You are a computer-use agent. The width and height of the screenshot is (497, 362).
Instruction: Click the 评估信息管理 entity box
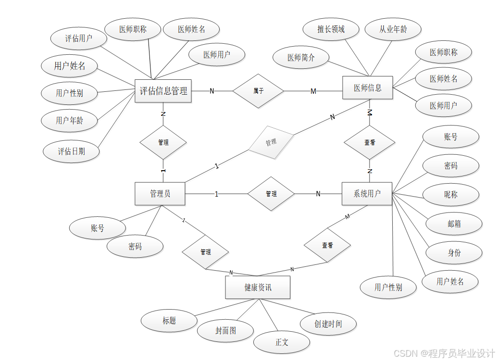click(x=163, y=91)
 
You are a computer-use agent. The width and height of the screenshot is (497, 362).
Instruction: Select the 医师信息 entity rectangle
click(x=368, y=87)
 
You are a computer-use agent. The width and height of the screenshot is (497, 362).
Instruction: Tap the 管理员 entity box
click(x=160, y=194)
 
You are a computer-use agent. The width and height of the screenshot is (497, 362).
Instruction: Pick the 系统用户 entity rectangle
click(x=367, y=194)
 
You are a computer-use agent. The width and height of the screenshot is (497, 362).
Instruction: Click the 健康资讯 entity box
click(x=258, y=287)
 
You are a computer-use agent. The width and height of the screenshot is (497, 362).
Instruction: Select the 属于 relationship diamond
click(x=259, y=90)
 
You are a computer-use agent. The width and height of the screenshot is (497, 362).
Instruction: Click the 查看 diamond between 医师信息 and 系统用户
click(x=370, y=142)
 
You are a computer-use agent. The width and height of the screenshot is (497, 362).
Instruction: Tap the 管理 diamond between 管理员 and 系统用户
click(x=271, y=194)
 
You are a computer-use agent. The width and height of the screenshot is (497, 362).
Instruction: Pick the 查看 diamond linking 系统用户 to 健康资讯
click(x=327, y=245)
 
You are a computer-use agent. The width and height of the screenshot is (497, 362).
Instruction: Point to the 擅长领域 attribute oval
click(x=331, y=29)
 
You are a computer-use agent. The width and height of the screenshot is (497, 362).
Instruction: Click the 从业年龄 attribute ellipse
click(x=393, y=29)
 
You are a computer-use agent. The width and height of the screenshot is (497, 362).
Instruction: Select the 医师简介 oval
click(x=301, y=58)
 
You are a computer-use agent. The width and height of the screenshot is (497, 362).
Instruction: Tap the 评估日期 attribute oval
click(x=72, y=151)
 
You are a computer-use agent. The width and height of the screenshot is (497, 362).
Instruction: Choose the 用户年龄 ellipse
click(x=70, y=120)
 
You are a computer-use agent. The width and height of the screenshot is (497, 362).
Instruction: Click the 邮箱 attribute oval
click(x=454, y=223)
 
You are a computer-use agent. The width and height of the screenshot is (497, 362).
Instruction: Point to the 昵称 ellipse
click(x=451, y=195)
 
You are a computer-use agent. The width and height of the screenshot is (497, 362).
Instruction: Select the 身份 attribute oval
click(x=454, y=252)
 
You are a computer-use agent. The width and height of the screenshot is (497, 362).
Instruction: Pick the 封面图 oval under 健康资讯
click(x=225, y=331)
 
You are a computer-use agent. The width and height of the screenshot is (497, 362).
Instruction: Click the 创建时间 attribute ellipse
click(x=328, y=324)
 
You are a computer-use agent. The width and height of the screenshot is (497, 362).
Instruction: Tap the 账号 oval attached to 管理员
click(x=98, y=228)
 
